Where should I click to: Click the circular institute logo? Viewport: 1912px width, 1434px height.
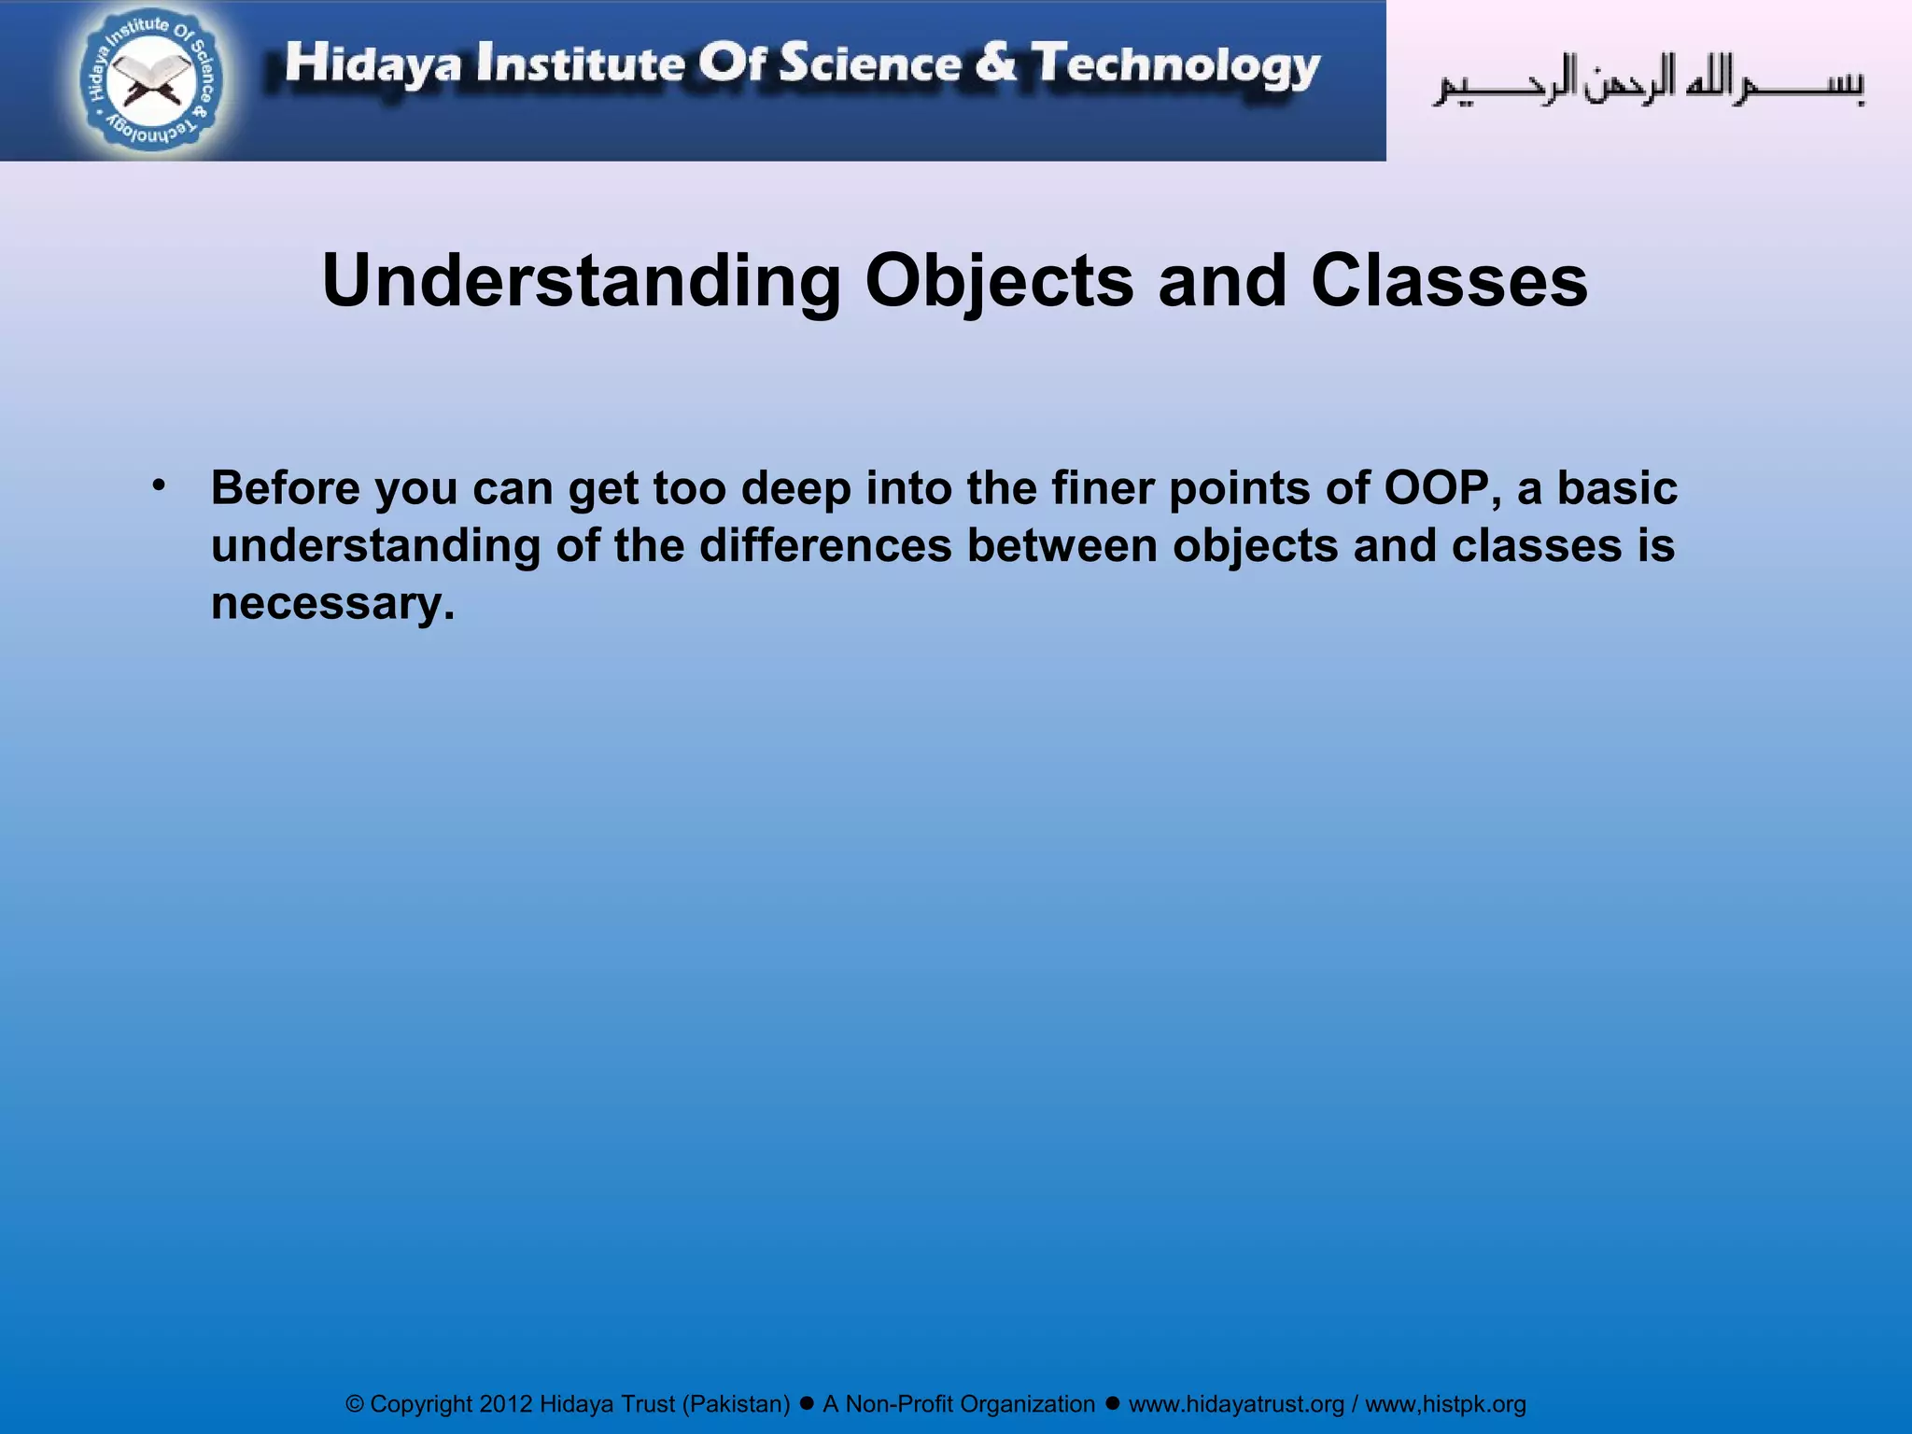pyautogui.click(x=151, y=81)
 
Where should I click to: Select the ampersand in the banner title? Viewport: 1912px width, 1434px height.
pyautogui.click(x=995, y=63)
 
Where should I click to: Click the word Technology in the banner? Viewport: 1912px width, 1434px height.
pyautogui.click(x=1176, y=65)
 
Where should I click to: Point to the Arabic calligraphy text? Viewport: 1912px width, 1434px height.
pyautogui.click(x=1649, y=82)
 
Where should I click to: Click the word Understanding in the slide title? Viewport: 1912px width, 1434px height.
pyautogui.click(x=582, y=281)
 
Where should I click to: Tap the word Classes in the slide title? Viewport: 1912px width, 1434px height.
pyautogui.click(x=1449, y=281)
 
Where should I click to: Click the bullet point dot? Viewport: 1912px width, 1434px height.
pyautogui.click(x=159, y=485)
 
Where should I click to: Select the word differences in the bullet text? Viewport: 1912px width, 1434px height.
pyautogui.click(x=825, y=545)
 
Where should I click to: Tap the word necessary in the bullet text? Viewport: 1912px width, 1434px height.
pyautogui.click(x=332, y=603)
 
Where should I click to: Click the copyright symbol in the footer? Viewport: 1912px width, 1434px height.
pyautogui.click(x=355, y=1404)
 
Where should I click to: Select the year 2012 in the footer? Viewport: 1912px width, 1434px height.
pyautogui.click(x=506, y=1404)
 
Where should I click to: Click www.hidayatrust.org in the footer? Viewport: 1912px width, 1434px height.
pyautogui.click(x=1236, y=1404)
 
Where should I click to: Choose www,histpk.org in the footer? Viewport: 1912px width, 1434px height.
pyautogui.click(x=1445, y=1404)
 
